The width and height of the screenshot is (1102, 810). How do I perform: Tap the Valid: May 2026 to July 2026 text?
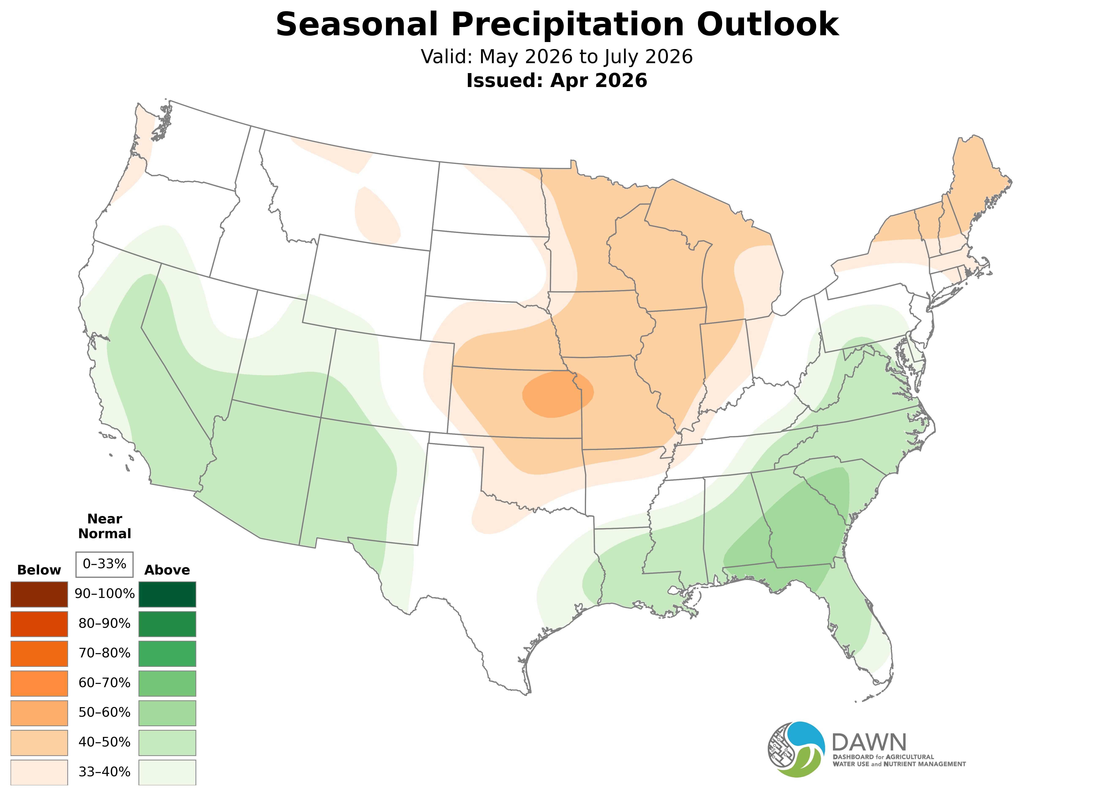556,57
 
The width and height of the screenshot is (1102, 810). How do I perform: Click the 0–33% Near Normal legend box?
104,564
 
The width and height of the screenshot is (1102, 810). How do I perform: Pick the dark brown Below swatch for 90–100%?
39,594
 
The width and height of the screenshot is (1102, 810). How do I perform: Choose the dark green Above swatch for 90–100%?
167,594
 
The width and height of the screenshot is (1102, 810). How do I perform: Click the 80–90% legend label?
104,624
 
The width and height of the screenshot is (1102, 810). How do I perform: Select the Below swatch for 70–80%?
39,653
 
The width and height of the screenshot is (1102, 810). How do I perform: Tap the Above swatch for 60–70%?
167,683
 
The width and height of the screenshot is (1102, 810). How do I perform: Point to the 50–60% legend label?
104,712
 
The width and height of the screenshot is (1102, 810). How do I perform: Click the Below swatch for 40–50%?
39,742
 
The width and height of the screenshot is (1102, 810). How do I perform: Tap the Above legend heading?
167,570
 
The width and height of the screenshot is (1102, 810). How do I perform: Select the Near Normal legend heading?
104,526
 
